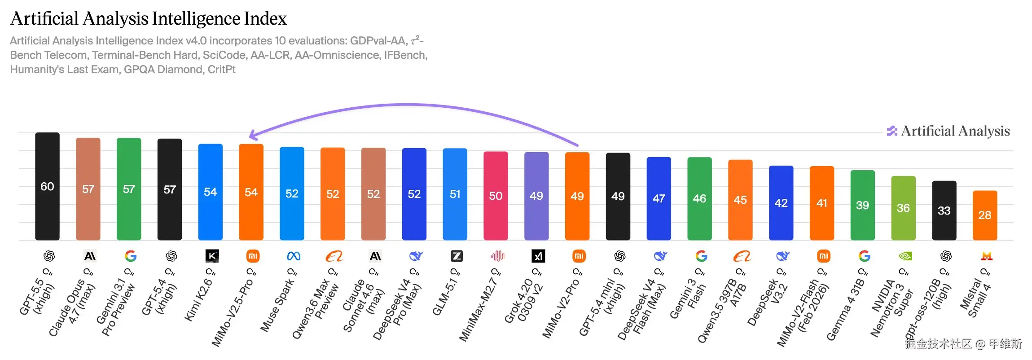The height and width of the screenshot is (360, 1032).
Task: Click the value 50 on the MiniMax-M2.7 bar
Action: [x=496, y=196]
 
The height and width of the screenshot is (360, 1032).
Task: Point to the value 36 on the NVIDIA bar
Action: [x=903, y=208]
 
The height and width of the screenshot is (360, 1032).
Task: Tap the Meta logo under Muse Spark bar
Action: [x=294, y=256]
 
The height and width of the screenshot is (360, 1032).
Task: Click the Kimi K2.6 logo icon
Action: [x=212, y=256]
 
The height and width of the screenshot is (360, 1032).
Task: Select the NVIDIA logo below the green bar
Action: [x=905, y=256]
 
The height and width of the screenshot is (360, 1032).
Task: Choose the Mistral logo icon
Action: [x=987, y=256]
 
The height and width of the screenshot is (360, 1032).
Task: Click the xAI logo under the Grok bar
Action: [x=538, y=256]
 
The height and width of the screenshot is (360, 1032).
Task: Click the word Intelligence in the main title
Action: [x=196, y=19]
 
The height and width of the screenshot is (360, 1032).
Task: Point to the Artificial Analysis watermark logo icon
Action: [x=891, y=131]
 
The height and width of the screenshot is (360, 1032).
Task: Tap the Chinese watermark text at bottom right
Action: [x=963, y=344]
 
